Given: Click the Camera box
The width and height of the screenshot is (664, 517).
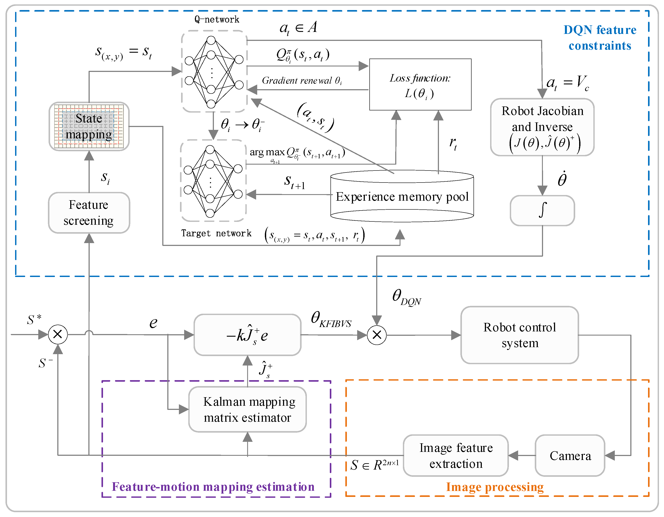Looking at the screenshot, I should click(x=570, y=455).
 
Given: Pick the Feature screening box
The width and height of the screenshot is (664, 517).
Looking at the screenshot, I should click(x=89, y=213).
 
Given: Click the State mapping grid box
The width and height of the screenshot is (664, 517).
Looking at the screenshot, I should click(x=89, y=126).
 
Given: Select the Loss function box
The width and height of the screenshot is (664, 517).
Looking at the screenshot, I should click(x=420, y=85).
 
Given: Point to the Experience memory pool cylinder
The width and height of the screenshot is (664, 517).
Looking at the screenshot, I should click(x=402, y=196).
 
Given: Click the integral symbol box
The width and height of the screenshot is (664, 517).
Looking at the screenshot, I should click(x=542, y=210).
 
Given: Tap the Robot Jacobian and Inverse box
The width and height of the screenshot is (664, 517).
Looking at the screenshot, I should click(x=542, y=127).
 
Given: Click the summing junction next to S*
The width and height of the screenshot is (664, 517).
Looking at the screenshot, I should click(x=58, y=334).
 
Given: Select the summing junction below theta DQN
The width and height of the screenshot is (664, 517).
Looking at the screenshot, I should click(x=377, y=335).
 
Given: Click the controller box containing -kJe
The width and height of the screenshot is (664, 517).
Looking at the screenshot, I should click(x=248, y=335).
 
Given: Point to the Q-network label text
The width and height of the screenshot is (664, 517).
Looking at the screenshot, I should click(x=217, y=19).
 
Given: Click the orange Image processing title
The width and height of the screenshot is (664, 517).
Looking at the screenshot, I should click(x=495, y=487).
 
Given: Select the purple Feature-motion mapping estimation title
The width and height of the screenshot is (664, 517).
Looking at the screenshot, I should click(x=213, y=487).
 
